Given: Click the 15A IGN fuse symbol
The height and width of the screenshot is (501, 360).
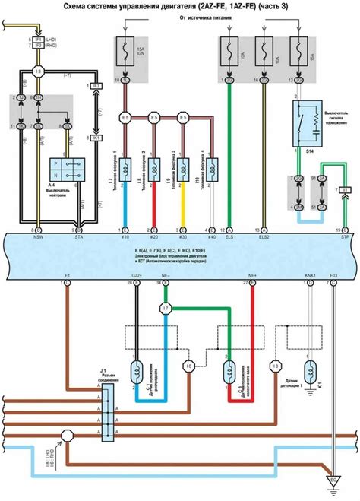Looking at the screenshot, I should click(125, 54).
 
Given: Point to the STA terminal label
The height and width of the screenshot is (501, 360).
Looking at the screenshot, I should click(77, 237).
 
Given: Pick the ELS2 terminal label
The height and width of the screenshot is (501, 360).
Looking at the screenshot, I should click(264, 237).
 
